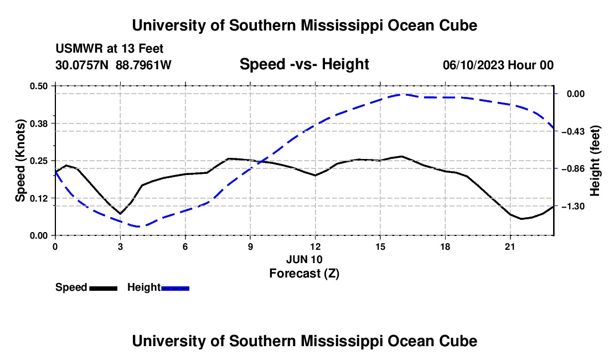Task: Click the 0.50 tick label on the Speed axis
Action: pyautogui.click(x=39, y=86)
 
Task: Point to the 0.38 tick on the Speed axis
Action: pyautogui.click(x=53, y=124)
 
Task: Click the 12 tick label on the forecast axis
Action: pyautogui.click(x=316, y=246)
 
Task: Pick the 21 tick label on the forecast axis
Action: pyautogui.click(x=510, y=246)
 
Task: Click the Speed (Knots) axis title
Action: pyautogui.click(x=20, y=161)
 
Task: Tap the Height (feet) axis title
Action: pyautogui.click(x=595, y=161)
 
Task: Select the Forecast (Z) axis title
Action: pyautogui.click(x=304, y=274)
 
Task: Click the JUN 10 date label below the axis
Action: pyautogui.click(x=304, y=259)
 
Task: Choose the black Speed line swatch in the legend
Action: pyautogui.click(x=104, y=288)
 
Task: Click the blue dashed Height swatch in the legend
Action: pyautogui.click(x=175, y=288)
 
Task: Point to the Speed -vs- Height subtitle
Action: pyautogui.click(x=304, y=64)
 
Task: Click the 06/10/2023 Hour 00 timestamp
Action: pyautogui.click(x=498, y=65)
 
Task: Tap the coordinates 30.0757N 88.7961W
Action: pyautogui.click(x=113, y=65)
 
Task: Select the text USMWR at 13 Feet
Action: pyautogui.click(x=110, y=49)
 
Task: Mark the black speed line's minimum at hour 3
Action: pyautogui.click(x=120, y=214)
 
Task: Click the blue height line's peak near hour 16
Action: pyautogui.click(x=402, y=94)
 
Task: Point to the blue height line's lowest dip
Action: pyautogui.click(x=138, y=227)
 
